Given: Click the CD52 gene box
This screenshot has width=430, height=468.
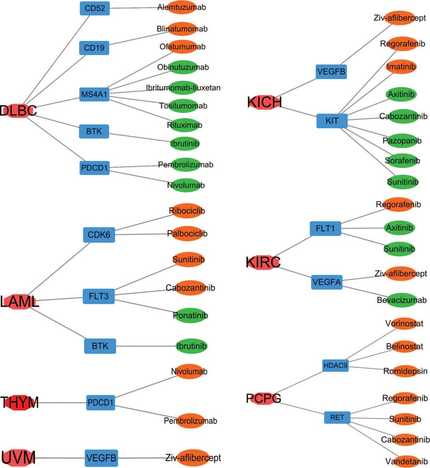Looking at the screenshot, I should (x=95, y=8).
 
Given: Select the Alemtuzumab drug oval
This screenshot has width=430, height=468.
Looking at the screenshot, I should (x=182, y=7).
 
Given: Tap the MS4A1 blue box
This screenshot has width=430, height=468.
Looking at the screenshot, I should (x=94, y=94).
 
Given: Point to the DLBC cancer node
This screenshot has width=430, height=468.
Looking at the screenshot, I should (x=18, y=111).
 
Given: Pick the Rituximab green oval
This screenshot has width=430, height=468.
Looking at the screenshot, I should (x=184, y=125).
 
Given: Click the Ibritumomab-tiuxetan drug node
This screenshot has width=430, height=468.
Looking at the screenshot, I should (x=183, y=88).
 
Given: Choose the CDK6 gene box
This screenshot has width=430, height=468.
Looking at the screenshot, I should (x=99, y=235).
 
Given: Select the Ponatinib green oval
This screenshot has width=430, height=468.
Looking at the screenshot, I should (x=190, y=315).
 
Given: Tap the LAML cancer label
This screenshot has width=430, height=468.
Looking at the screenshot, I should (x=20, y=302).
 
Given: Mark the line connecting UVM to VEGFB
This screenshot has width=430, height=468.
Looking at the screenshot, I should (x=60, y=458).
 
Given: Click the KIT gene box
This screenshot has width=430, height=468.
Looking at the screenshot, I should (x=332, y=121).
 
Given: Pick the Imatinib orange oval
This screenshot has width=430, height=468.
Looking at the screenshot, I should (x=401, y=67).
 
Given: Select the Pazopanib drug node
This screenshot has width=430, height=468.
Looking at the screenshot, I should (x=402, y=141).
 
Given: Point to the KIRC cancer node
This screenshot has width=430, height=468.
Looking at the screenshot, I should (x=263, y=262).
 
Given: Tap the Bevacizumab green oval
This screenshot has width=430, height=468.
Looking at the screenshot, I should (x=402, y=300).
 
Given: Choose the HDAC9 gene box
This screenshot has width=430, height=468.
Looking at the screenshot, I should (x=335, y=365).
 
